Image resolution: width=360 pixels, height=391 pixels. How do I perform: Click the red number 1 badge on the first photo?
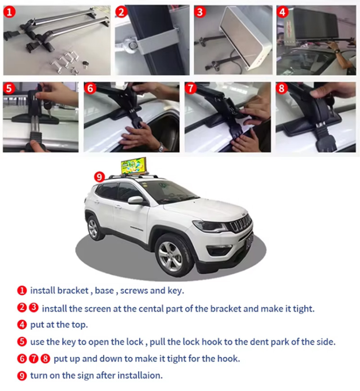9,12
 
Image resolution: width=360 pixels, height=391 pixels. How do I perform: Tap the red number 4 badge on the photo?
283,12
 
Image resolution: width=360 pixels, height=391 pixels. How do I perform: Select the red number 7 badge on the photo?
191,88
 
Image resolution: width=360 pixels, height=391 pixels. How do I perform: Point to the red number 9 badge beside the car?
99,177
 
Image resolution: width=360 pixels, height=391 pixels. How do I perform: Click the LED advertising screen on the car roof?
134,166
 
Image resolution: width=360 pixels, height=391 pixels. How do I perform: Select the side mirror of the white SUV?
136,200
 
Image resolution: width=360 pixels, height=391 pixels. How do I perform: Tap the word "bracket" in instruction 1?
73,291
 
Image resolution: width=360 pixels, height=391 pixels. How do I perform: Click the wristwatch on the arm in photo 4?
337,51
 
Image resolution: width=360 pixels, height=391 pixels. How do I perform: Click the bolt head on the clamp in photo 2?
132,45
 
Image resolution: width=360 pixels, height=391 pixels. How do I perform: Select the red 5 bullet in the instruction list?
22,342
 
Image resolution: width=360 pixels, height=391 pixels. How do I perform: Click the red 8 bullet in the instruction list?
45,359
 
